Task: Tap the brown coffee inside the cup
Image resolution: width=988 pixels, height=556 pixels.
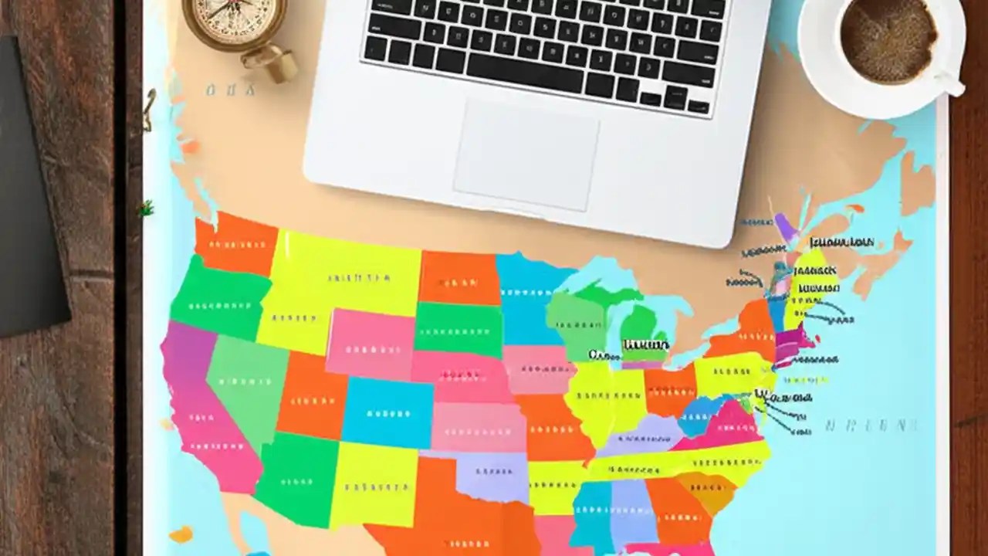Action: (888, 38)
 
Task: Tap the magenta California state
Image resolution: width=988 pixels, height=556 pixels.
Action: (205, 417)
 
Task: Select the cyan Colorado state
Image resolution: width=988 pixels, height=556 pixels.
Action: (387, 413)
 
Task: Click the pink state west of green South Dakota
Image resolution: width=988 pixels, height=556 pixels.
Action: (370, 344)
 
